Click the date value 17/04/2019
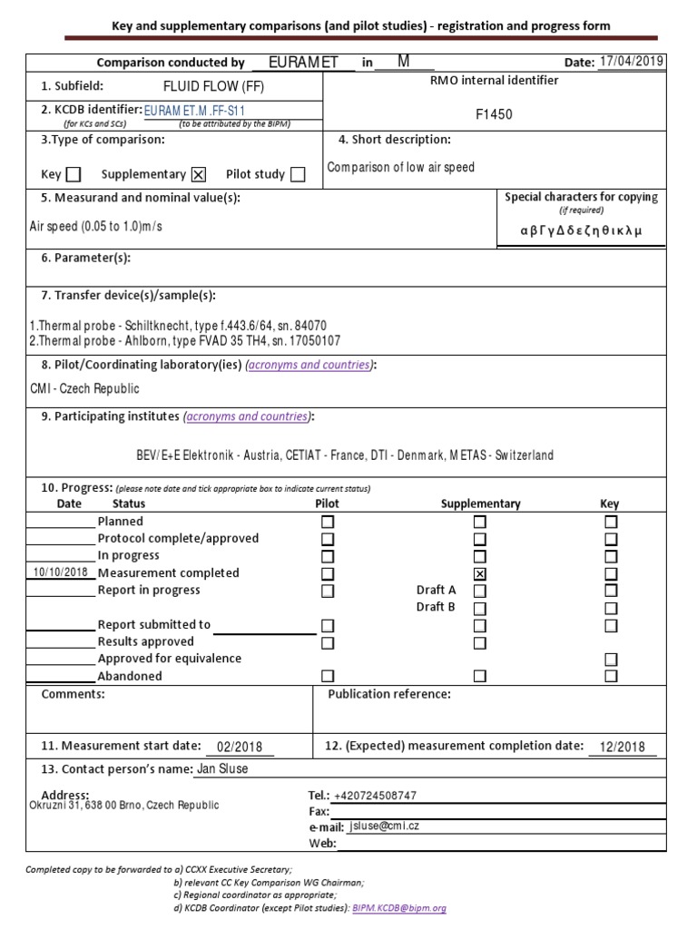(x=632, y=61)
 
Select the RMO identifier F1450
(x=494, y=114)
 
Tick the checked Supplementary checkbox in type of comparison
(x=200, y=174)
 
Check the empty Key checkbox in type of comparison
(x=74, y=174)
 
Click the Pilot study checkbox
(x=298, y=174)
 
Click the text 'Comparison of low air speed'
(x=400, y=168)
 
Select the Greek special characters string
(x=581, y=230)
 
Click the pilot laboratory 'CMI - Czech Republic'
(x=84, y=388)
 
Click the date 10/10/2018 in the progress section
(x=60, y=572)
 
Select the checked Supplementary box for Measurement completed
(x=479, y=573)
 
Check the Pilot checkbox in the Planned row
(x=328, y=522)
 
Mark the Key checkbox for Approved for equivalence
(x=611, y=659)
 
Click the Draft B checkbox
(x=479, y=608)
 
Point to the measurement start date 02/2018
(x=239, y=747)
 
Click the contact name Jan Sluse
(x=222, y=769)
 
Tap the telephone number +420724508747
(x=375, y=796)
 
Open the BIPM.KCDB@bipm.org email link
(x=399, y=907)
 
